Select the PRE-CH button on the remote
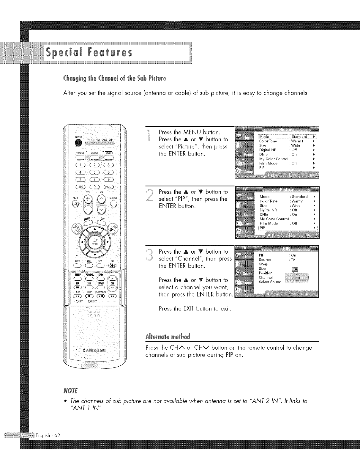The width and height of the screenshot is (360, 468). [x=107, y=187]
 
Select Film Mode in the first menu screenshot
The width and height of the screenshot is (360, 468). [x=268, y=163]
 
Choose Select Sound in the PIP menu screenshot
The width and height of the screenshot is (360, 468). [x=270, y=282]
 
